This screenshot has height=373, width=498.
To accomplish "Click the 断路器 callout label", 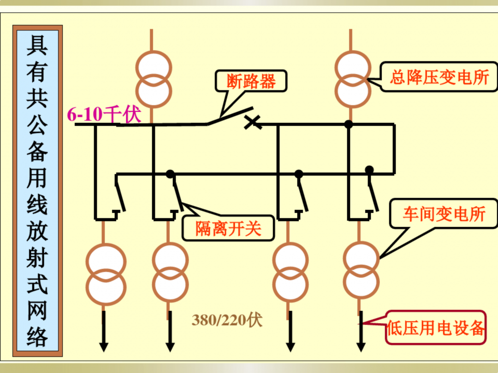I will pos(251,82).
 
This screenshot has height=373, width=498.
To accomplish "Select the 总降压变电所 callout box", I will pos(439,77).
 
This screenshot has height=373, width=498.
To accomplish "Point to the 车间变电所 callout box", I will pos(444,214).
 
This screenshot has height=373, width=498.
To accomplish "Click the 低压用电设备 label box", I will pos(435,328).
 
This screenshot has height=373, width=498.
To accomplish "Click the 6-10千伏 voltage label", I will pos(104,114).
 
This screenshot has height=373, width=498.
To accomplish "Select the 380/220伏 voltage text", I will pos(227,320).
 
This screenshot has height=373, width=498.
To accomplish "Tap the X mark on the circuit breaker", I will pos(252,122).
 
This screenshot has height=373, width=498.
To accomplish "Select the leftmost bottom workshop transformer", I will pos(106,275).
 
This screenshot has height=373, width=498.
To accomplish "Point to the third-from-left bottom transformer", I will pos(290,273).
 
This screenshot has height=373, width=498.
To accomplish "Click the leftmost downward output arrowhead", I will pos(104,346).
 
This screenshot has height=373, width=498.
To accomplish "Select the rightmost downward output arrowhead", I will pos(361,346).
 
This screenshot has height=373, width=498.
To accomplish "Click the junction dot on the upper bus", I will pos(349,124).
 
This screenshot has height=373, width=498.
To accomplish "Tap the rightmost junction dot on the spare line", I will pos(369,169).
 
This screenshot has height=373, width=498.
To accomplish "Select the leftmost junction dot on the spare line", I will pos(170,174).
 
